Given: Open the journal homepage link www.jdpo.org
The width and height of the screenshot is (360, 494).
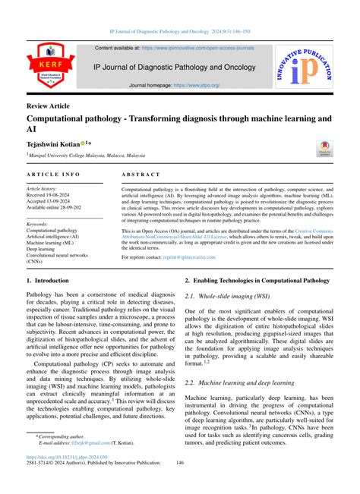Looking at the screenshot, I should tap(198, 86).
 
